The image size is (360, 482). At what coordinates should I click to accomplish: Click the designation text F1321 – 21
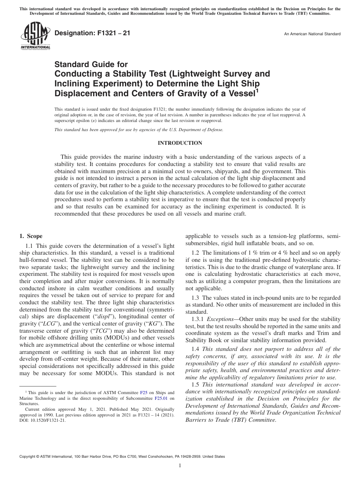[92, 33]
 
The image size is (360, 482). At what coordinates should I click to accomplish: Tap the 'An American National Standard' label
[312, 34]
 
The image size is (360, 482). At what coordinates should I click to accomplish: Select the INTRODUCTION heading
[180, 143]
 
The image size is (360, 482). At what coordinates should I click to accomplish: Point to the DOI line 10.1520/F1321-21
[42, 420]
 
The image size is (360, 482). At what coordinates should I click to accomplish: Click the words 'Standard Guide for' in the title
[91, 64]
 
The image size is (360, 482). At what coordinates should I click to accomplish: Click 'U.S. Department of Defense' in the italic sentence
[193, 130]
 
